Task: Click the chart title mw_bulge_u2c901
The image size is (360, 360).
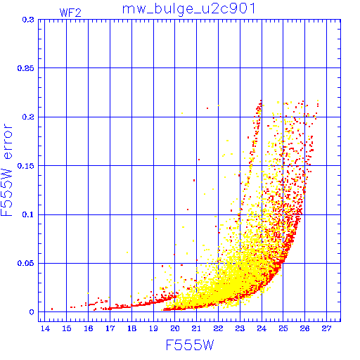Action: click(x=189, y=9)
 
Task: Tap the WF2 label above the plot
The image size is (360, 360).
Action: click(x=70, y=13)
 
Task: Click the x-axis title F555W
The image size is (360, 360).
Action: click(x=190, y=345)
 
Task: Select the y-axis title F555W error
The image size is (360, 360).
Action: click(x=6, y=170)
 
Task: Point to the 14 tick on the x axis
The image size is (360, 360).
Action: click(x=45, y=328)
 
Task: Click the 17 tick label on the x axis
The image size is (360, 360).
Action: click(x=110, y=328)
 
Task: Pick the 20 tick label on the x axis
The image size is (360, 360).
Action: click(x=175, y=328)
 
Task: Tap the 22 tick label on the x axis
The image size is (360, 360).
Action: click(x=218, y=328)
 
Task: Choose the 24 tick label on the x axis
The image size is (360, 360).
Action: click(x=262, y=328)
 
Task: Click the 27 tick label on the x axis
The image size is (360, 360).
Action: click(x=326, y=328)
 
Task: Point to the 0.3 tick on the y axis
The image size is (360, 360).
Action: click(x=28, y=20)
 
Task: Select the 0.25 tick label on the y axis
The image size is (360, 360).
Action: click(x=26, y=68)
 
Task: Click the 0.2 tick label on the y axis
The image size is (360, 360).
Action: click(x=28, y=117)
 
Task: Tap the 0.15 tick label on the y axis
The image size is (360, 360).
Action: click(x=26, y=166)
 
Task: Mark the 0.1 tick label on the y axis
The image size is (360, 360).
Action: click(x=28, y=214)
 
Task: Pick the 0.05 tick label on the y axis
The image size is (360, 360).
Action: click(x=26, y=263)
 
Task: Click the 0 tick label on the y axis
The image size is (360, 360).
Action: click(x=32, y=312)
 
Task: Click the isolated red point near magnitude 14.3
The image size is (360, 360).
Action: click(x=52, y=309)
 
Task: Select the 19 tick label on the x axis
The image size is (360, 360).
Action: click(x=153, y=328)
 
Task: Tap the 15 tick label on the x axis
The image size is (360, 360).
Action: click(x=67, y=328)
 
